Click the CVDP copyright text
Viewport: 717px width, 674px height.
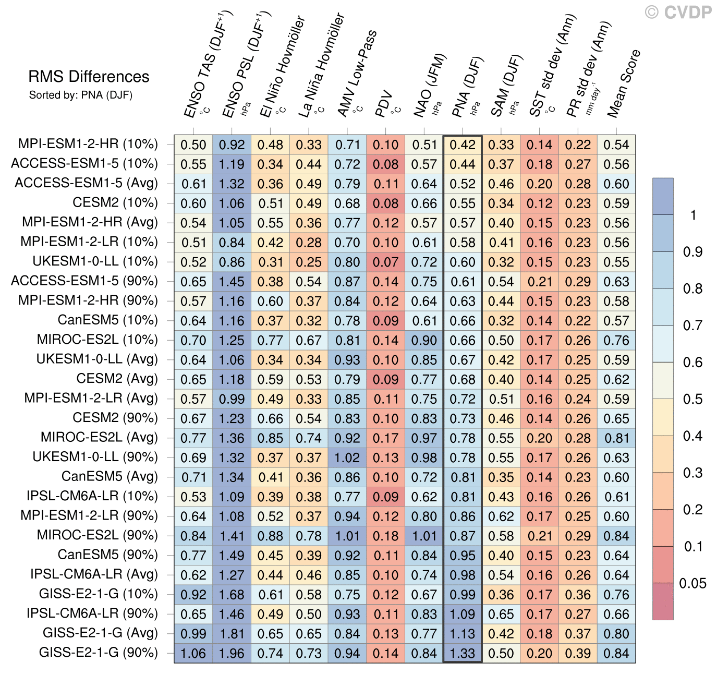tap(678, 12)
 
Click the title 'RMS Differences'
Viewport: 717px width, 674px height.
tap(89, 77)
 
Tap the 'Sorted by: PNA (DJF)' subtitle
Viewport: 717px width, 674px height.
tap(81, 95)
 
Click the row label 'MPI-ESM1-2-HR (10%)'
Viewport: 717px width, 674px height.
tap(88, 144)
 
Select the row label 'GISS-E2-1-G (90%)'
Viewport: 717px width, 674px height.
tap(98, 653)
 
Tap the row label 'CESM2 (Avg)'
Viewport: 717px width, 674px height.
tap(117, 379)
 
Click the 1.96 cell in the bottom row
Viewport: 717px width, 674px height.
tap(232, 653)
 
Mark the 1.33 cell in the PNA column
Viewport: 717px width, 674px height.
tap(463, 653)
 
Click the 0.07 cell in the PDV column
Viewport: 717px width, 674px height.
tap(386, 262)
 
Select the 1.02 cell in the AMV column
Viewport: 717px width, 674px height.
tap(347, 458)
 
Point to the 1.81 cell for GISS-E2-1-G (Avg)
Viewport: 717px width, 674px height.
tap(232, 634)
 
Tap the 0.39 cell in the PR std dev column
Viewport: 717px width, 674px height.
tap(578, 653)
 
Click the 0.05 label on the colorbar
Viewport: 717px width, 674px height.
tap(692, 583)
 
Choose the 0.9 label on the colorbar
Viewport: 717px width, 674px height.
tap(692, 252)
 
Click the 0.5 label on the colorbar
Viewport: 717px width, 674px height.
tap(692, 399)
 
